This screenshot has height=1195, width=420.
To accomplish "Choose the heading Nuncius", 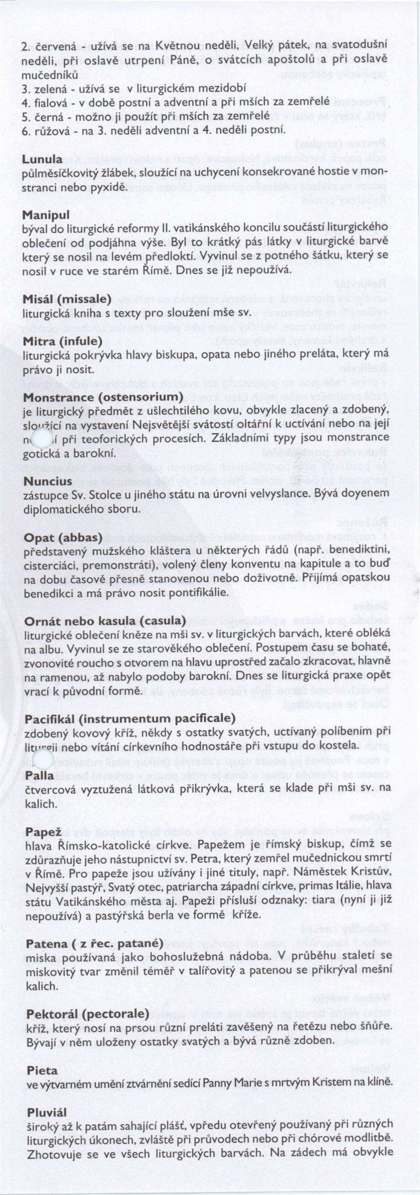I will [48, 481].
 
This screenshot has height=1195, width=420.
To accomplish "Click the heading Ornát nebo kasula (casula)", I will [105, 621].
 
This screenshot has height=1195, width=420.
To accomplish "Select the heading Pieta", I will [42, 1055].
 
